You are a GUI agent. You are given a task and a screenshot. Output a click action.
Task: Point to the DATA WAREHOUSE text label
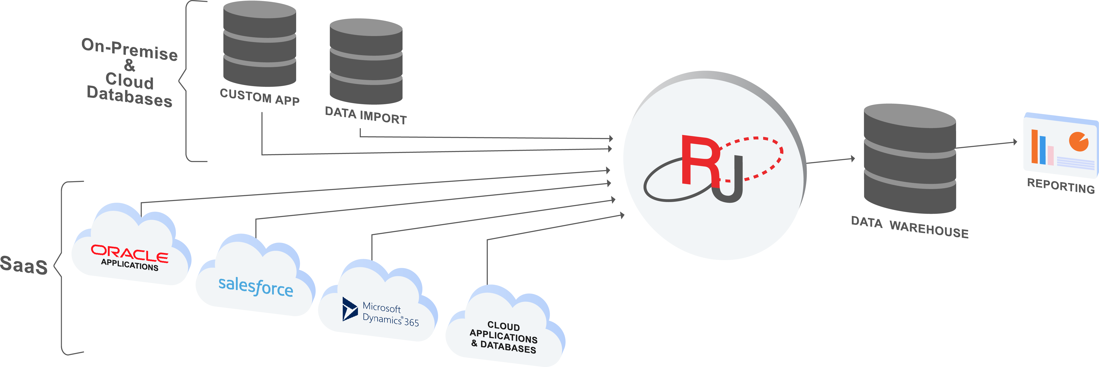click(910, 227)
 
